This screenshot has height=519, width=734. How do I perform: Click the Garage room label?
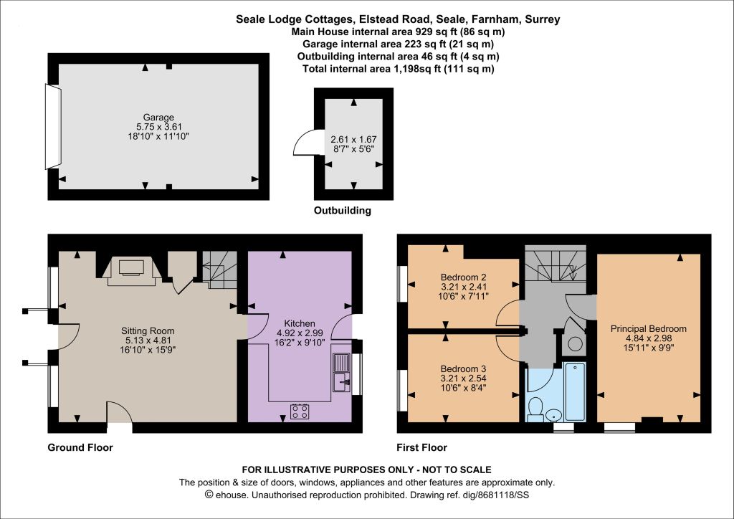[158, 118]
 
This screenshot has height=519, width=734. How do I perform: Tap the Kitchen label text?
[300, 323]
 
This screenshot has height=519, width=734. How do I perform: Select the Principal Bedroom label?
[648, 329]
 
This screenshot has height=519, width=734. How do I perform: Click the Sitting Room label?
[148, 331]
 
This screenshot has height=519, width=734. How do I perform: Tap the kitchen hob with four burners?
[300, 411]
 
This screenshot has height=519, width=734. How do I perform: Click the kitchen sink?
[341, 373]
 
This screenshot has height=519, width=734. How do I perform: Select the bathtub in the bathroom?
[575, 391]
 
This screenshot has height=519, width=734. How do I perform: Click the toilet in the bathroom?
[535, 409]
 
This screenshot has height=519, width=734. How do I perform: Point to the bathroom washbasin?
[554, 415]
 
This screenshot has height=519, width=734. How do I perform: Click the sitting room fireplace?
[131, 270]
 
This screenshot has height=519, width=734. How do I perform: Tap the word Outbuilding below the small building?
[342, 211]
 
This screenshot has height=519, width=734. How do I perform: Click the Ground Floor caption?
[80, 448]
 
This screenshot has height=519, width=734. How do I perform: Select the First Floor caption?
[421, 448]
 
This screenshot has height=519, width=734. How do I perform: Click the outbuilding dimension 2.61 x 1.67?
[353, 140]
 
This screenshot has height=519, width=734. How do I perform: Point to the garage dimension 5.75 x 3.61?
[158, 127]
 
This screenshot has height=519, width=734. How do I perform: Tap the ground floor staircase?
[219, 270]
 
